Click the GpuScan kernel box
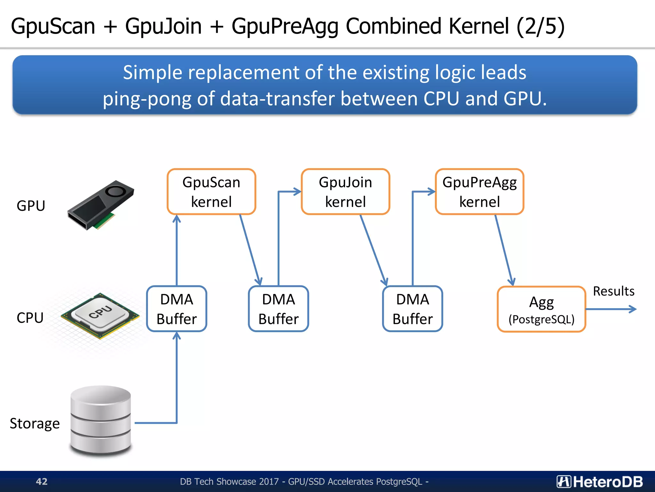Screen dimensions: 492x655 (x=211, y=192)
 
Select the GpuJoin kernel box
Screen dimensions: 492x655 (x=345, y=192)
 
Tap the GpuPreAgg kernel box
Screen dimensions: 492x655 (x=479, y=192)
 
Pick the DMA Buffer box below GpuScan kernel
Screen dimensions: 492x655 (x=177, y=309)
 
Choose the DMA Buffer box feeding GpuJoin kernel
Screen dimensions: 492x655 (x=278, y=309)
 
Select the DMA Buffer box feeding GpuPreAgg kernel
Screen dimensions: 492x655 (x=412, y=309)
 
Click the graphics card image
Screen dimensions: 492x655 (x=100, y=205)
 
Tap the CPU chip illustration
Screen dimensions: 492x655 (x=100, y=316)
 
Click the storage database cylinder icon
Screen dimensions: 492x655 (x=101, y=421)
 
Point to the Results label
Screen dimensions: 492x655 (x=613, y=291)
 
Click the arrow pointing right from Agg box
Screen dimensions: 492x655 (x=611, y=309)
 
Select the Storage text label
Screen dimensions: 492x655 (x=35, y=423)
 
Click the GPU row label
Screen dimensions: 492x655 (x=31, y=206)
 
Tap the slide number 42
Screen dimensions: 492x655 (x=42, y=481)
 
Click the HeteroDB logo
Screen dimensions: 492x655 (x=599, y=481)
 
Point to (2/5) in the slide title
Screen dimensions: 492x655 (x=541, y=26)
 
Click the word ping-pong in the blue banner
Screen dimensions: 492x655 (x=147, y=99)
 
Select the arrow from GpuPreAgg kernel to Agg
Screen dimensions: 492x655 (x=504, y=250)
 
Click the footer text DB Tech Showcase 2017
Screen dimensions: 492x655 (x=229, y=481)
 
